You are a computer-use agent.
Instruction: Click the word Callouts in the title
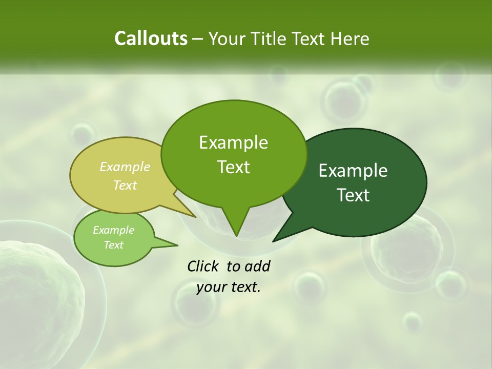151,38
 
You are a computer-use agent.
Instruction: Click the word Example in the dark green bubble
353,171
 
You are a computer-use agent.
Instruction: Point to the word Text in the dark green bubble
353,195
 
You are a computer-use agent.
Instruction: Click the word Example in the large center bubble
233,142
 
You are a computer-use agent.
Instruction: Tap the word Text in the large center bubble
233,167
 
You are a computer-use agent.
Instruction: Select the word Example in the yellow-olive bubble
125,167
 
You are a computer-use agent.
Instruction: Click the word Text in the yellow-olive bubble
125,185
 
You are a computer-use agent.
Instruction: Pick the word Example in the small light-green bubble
113,230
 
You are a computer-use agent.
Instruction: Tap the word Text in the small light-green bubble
113,245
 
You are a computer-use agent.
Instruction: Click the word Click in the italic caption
203,266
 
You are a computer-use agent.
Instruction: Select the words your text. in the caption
229,287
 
